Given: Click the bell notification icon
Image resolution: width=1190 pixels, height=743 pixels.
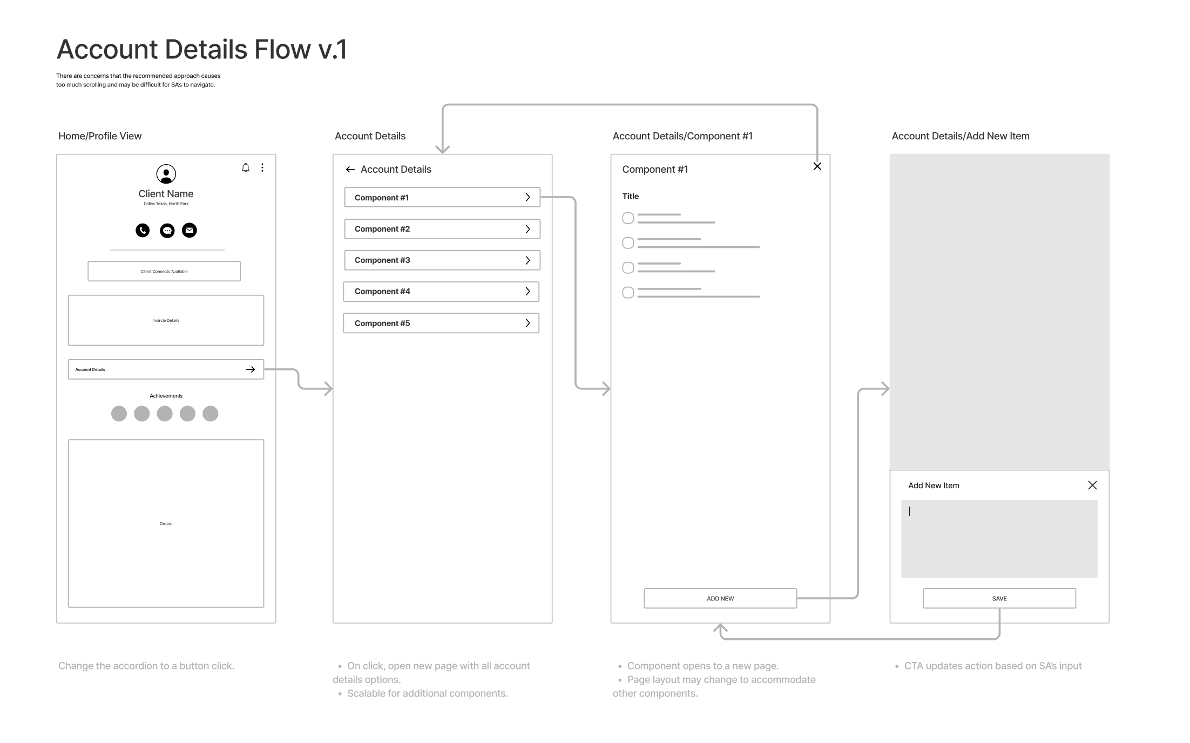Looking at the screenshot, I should [246, 167].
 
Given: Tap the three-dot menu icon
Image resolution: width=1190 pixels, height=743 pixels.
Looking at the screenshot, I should [262, 167].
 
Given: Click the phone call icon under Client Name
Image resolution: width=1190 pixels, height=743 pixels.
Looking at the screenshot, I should [143, 231].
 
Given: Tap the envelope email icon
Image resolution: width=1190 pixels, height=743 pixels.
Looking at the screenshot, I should [190, 231].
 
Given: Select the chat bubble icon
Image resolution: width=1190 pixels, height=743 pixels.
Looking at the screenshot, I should [167, 231].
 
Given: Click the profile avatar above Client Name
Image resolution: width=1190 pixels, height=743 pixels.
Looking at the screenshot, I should [166, 174].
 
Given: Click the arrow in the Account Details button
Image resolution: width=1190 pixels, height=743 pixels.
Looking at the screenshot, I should [251, 369].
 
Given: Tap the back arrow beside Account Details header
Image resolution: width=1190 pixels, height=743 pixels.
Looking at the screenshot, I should [350, 170].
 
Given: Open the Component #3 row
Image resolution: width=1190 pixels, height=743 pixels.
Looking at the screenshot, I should [442, 260].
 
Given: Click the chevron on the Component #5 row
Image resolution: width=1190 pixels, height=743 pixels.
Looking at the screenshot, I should [528, 323].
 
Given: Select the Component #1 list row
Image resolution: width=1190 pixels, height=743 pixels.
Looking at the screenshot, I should [442, 198].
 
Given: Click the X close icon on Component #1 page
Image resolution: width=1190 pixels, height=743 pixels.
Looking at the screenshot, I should [817, 166].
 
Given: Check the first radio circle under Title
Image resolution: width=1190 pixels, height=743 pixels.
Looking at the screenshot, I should [628, 218].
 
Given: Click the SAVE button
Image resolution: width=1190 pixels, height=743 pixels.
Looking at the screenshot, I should [999, 598].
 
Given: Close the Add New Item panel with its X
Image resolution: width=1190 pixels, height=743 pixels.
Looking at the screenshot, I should [1092, 485].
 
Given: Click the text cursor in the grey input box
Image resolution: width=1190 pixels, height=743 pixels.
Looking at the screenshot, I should [910, 511].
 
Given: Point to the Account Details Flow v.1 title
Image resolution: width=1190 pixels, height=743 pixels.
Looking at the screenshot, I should [201, 50].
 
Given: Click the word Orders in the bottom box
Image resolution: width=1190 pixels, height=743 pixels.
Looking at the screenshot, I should [166, 524].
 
